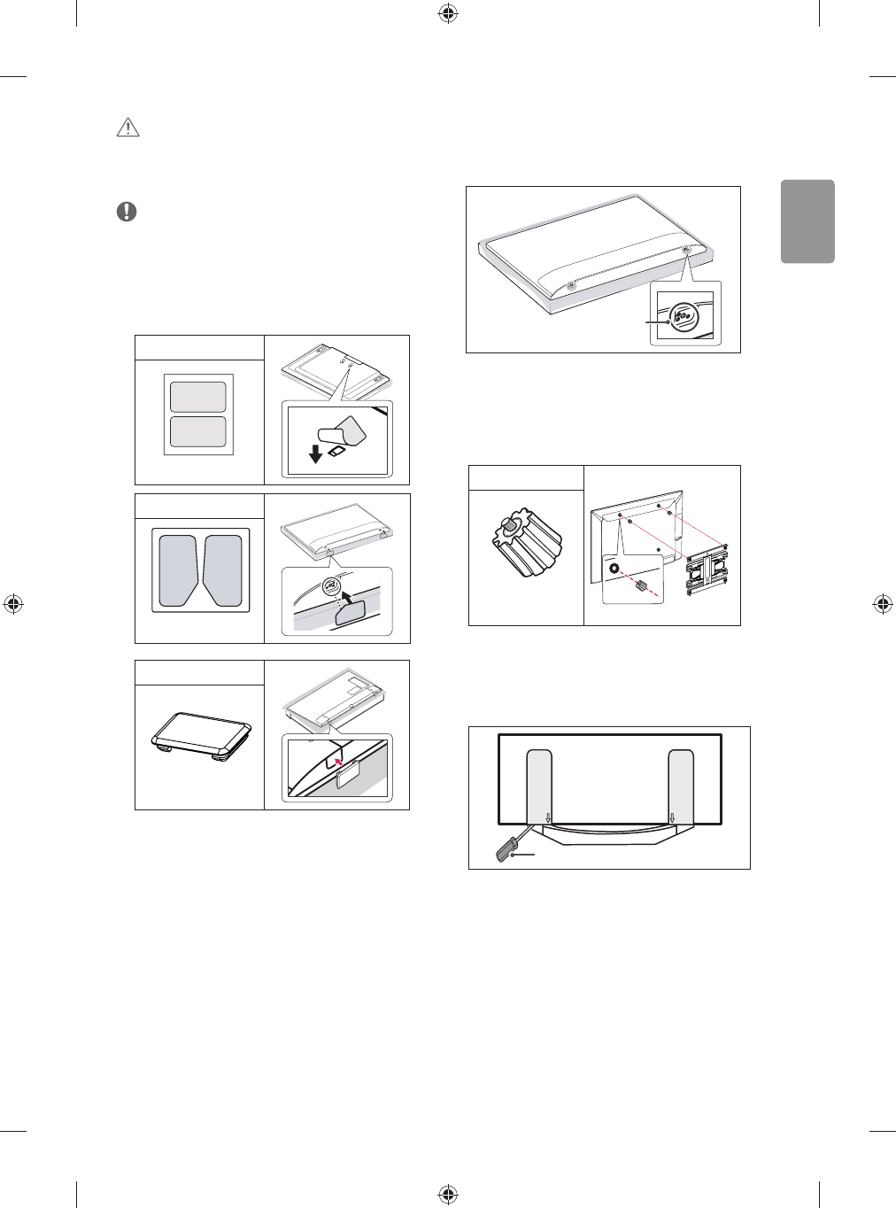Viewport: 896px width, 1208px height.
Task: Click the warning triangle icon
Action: coord(128,128)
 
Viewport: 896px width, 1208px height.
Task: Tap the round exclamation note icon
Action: coord(127,212)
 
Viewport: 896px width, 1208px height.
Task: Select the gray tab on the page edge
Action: coord(807,221)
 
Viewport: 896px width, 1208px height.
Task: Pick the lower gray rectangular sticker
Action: coord(198,432)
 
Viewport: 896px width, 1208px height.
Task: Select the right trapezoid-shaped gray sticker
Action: coord(222,570)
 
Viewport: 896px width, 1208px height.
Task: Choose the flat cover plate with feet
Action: coord(202,734)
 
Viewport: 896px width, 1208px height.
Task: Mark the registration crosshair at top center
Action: coord(448,12)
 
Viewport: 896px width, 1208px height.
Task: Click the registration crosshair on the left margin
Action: coord(13,604)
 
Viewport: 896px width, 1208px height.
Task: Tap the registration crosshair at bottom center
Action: coord(448,1195)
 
